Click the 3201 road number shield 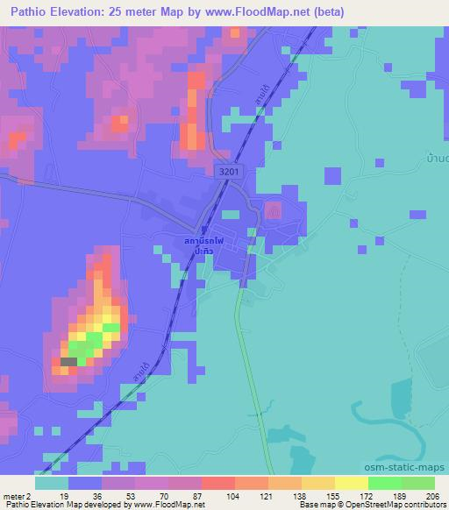[228, 174]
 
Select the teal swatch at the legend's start [52, 483]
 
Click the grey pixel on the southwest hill [68, 361]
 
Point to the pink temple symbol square [273, 211]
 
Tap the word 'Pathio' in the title [25, 12]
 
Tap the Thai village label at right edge [436, 159]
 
